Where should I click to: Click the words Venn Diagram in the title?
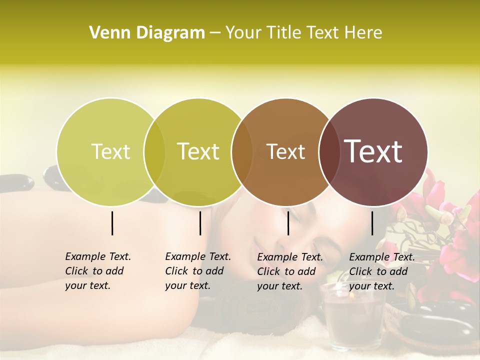coord(147,33)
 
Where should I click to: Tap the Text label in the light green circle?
coord(110,151)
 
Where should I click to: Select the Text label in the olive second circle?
coord(198,151)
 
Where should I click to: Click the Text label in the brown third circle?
coord(285,151)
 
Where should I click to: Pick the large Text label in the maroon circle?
coord(373,151)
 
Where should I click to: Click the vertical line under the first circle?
coord(112,223)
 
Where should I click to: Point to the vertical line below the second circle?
coord(200,223)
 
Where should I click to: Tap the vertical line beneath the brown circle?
coord(288,223)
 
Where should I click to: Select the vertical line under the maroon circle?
coord(372,223)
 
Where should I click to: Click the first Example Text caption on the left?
coord(97,271)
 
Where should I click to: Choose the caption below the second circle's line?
coord(197,271)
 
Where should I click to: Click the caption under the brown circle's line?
coord(289,271)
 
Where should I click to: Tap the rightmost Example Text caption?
coord(381,271)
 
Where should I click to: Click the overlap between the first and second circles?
coord(154,152)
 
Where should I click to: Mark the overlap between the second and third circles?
coord(242,152)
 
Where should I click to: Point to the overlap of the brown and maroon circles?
coord(329,152)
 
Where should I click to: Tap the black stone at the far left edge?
coord(15,182)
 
